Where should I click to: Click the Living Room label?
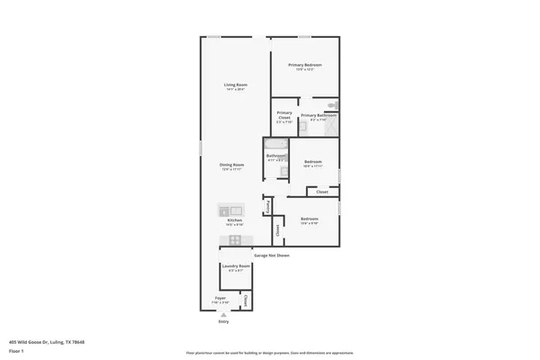(x=235, y=85)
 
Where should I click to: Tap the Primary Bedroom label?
(x=305, y=66)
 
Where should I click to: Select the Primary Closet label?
(x=284, y=115)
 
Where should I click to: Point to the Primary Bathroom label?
(x=319, y=115)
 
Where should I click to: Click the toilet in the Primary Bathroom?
(x=332, y=105)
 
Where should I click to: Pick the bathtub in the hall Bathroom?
(x=275, y=143)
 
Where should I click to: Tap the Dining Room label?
(x=233, y=165)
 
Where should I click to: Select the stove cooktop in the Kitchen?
(x=236, y=239)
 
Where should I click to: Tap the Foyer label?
(x=220, y=299)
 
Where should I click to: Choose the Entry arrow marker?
(x=223, y=314)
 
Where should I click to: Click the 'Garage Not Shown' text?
(x=272, y=256)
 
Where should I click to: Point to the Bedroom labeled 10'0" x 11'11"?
(x=313, y=163)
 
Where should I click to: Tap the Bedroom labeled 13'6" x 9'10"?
(x=310, y=220)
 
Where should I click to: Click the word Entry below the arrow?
(x=223, y=321)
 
